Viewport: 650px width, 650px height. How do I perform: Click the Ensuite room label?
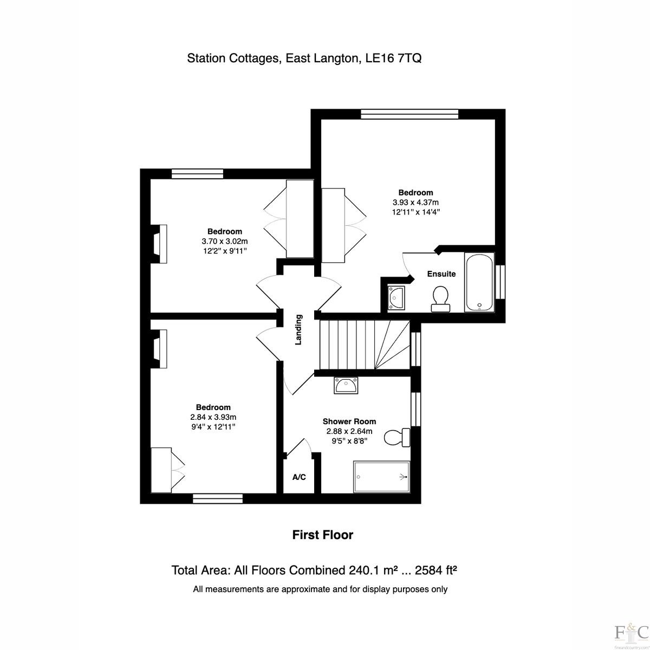click(441, 274)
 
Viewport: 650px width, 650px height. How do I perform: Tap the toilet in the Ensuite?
click(440, 299)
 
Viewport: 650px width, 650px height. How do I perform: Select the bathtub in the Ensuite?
click(479, 282)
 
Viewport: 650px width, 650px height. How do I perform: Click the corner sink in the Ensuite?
click(396, 298)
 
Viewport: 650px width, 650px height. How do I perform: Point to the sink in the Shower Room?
click(346, 385)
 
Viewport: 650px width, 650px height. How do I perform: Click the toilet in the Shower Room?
click(397, 438)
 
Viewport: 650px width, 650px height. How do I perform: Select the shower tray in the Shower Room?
click(381, 477)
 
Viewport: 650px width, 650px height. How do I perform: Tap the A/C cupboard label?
click(299, 477)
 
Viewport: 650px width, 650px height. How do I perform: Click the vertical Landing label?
click(298, 329)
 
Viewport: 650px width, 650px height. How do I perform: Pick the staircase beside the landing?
click(365, 345)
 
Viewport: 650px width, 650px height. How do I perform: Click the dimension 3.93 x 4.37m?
click(415, 203)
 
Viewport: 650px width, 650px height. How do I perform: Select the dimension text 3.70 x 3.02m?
click(225, 241)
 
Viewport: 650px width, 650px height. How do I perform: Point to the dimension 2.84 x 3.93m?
click(213, 417)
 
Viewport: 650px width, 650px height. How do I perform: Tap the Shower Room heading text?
click(349, 421)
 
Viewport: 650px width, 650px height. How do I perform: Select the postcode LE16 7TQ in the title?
click(394, 58)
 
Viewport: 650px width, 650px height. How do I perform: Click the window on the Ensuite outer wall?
click(500, 282)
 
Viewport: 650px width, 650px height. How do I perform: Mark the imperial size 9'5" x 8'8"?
click(349, 440)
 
